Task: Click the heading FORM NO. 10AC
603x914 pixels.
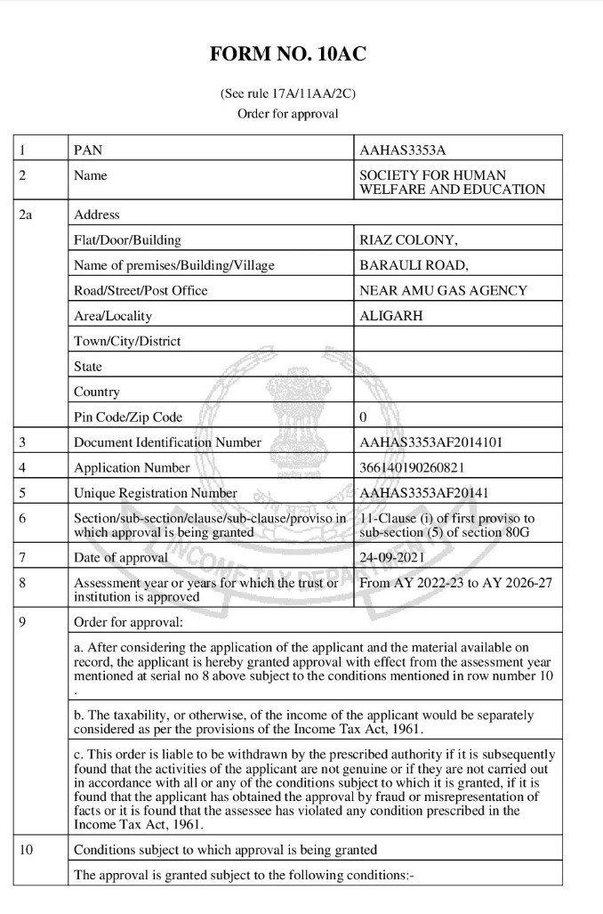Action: [x=287, y=54]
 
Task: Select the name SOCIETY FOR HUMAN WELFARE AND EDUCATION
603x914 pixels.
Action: [x=452, y=182]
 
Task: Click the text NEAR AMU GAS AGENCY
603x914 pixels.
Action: [x=443, y=290]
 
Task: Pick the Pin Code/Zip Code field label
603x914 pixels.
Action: [x=128, y=417]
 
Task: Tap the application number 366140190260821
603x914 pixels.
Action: [x=412, y=467]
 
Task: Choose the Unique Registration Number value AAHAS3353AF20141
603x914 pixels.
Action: [x=423, y=492]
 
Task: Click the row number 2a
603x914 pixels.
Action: [x=26, y=214]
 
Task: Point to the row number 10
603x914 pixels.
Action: [x=26, y=850]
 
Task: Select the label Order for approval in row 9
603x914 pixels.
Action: [x=128, y=620]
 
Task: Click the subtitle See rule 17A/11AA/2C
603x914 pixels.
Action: [x=287, y=93]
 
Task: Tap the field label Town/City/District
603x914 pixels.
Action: [x=127, y=341]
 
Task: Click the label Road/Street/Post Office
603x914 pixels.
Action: [x=141, y=290]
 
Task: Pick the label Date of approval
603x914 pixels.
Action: [x=121, y=557]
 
